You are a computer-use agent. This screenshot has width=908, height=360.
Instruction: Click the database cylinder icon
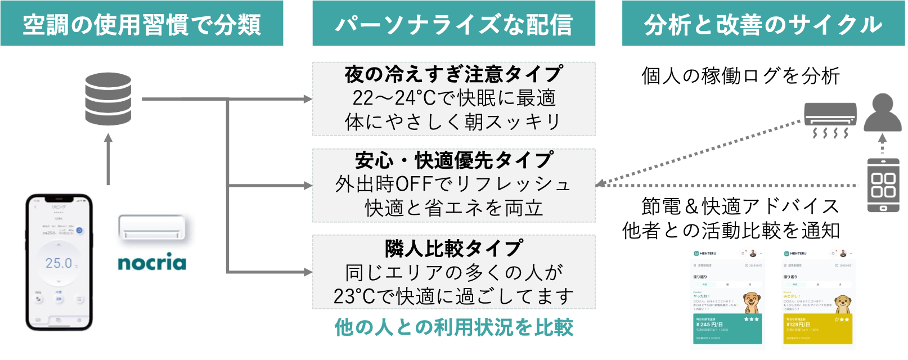108,98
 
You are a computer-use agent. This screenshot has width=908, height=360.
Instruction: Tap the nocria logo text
152,263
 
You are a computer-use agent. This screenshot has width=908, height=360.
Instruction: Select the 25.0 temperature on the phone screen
59,263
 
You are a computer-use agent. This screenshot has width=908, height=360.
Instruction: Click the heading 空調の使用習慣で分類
142,25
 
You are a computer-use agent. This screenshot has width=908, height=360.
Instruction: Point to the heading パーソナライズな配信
453,25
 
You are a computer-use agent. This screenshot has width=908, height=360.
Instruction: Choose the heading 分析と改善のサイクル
763,25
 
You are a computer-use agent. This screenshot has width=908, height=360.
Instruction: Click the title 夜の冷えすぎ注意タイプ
453,74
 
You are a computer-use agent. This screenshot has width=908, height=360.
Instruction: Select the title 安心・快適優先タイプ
453,160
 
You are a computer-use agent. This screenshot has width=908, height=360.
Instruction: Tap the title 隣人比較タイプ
453,247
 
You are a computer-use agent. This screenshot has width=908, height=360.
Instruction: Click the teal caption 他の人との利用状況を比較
453,327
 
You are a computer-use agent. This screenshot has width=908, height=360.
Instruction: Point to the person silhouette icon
882,112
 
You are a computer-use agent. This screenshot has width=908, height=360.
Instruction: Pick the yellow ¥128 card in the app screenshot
817,329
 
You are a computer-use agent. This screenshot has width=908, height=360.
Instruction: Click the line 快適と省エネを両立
453,208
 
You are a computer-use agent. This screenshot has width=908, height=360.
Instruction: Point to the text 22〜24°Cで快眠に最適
453,98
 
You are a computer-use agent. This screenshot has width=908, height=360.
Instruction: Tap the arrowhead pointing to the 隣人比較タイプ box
307,272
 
